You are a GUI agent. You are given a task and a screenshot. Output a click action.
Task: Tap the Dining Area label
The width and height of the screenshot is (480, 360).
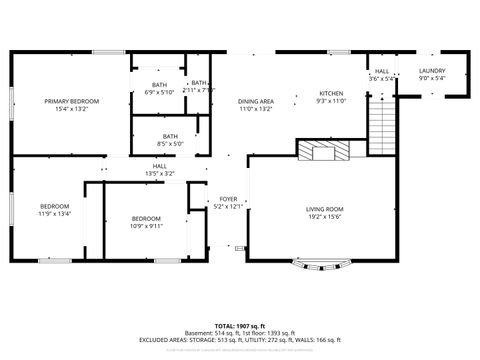click(x=256, y=101)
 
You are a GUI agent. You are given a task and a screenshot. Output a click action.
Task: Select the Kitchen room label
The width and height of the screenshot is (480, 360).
click(x=331, y=93)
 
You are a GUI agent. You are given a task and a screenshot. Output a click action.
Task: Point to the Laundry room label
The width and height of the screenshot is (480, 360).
click(x=432, y=71)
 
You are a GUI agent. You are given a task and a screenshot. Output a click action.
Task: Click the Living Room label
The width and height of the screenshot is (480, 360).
click(x=324, y=209)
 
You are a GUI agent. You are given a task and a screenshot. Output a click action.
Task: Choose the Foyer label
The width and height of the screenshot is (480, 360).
click(x=229, y=199)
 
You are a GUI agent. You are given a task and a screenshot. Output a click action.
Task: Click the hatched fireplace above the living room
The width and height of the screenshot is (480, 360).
click(x=324, y=151)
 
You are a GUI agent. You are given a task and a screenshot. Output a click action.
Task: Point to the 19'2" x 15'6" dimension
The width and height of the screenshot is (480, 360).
click(x=324, y=216)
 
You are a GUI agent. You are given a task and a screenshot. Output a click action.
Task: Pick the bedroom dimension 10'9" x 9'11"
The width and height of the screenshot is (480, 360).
click(x=146, y=225)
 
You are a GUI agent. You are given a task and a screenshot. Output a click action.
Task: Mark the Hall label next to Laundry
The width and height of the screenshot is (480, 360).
click(x=382, y=72)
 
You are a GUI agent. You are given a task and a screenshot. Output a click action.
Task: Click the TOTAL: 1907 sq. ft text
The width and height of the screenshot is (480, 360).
click(x=240, y=326)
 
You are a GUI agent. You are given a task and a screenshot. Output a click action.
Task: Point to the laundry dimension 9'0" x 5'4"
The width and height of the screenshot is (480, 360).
click(x=432, y=78)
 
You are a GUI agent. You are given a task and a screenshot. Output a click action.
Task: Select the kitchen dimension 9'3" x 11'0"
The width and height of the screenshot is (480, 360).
click(x=331, y=100)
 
